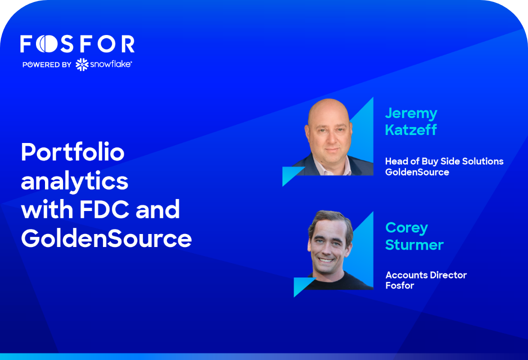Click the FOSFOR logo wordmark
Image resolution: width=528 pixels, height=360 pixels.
tap(77, 44)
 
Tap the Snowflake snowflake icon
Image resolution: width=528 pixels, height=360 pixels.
tap(82, 64)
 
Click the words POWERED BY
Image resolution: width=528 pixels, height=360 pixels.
tap(47, 64)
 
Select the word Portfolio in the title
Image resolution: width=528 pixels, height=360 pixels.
tap(72, 152)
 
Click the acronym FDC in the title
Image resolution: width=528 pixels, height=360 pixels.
tap(104, 209)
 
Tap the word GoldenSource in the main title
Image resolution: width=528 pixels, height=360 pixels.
tap(106, 238)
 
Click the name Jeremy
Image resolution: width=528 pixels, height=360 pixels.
tap(411, 114)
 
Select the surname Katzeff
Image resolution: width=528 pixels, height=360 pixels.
tap(411, 130)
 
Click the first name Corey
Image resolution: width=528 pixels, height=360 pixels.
tap(407, 228)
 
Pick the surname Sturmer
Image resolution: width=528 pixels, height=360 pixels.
tap(414, 245)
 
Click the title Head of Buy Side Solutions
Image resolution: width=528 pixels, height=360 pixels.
tap(444, 161)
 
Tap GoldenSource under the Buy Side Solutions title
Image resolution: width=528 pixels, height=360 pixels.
tap(417, 172)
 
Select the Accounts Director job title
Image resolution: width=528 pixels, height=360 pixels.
tap(426, 275)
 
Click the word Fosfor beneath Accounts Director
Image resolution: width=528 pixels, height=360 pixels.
tap(399, 285)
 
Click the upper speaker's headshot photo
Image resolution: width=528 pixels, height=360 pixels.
tap(331, 136)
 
